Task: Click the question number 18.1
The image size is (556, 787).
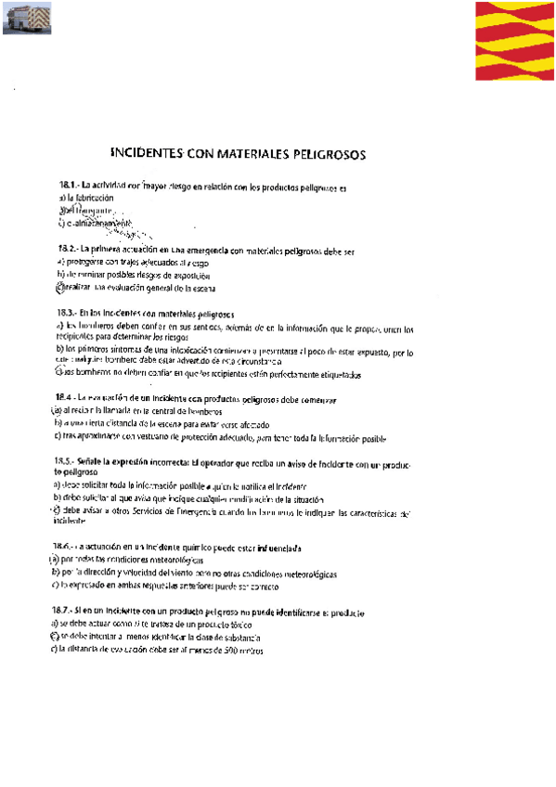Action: point(67,187)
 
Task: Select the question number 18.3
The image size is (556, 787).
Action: point(67,315)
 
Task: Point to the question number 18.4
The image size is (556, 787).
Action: point(67,398)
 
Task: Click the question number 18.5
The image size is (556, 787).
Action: point(67,461)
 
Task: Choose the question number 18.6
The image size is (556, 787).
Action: point(65,548)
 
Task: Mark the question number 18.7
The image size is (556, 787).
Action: point(65,613)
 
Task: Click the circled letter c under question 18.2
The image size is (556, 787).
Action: point(59,288)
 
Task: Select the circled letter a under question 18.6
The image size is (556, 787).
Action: point(54,561)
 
